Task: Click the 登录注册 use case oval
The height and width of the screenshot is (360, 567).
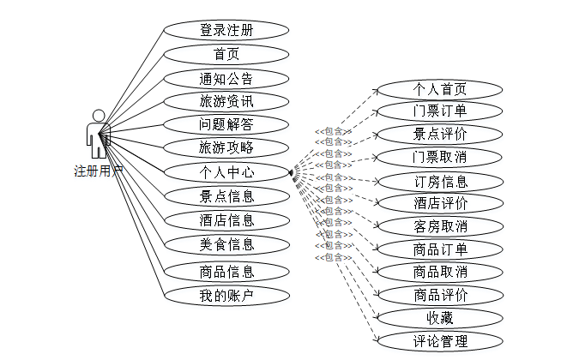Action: click(226, 30)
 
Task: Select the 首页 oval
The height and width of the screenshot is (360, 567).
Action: click(226, 55)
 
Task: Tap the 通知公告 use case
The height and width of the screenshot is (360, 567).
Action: click(226, 79)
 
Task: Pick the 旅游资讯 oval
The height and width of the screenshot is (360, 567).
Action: click(226, 101)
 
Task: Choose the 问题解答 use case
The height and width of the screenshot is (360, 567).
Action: click(226, 124)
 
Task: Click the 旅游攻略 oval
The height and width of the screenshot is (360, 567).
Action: click(226, 147)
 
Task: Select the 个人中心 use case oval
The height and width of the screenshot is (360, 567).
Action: click(226, 172)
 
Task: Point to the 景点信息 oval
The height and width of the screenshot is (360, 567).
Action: click(226, 196)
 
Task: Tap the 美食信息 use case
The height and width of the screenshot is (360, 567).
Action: click(226, 244)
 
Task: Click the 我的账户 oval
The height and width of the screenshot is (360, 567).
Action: click(226, 297)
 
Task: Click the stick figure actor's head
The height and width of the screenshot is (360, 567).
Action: click(99, 115)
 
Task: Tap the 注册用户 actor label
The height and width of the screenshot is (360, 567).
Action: click(99, 171)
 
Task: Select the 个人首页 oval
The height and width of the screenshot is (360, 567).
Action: click(440, 88)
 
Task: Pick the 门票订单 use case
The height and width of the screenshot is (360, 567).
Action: click(440, 111)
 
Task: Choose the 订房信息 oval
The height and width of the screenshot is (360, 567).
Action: click(440, 181)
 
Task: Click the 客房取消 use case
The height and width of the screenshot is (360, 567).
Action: click(440, 226)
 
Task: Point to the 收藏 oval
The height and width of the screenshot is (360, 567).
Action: click(440, 318)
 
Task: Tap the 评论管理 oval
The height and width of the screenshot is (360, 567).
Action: click(440, 341)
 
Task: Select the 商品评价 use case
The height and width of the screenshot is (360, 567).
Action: click(440, 296)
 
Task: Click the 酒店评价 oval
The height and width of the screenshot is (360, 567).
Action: click(440, 203)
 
